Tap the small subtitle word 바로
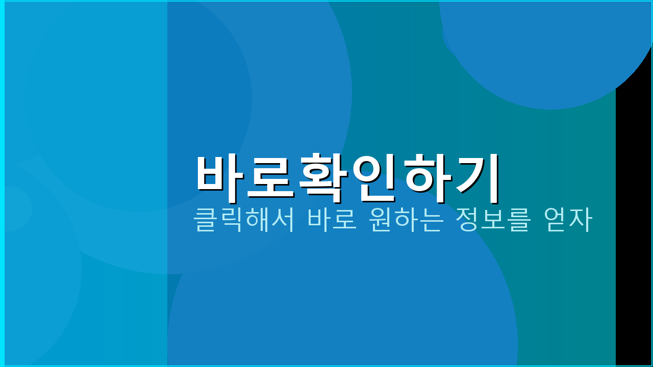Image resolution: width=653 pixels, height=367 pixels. point(332,221)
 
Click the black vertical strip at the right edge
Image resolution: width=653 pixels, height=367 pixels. point(634,229)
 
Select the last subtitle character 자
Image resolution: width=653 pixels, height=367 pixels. point(581,221)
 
